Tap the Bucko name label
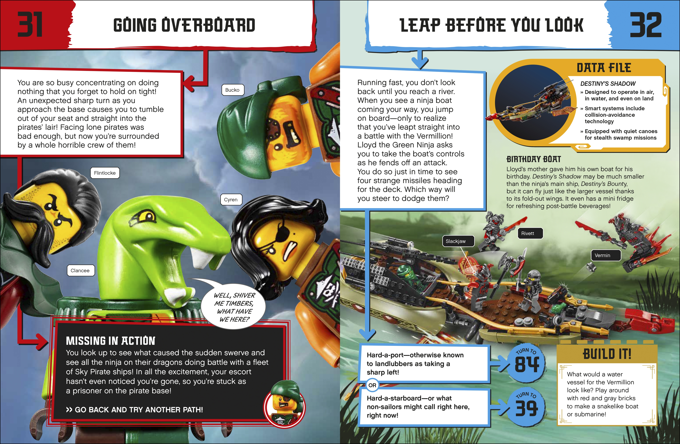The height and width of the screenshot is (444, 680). (x=232, y=90)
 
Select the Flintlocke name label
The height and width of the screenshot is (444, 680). (x=105, y=173)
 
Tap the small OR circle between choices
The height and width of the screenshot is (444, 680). (x=372, y=385)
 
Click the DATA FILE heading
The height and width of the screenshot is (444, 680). (x=604, y=68)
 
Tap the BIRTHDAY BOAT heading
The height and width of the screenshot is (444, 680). (x=533, y=159)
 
